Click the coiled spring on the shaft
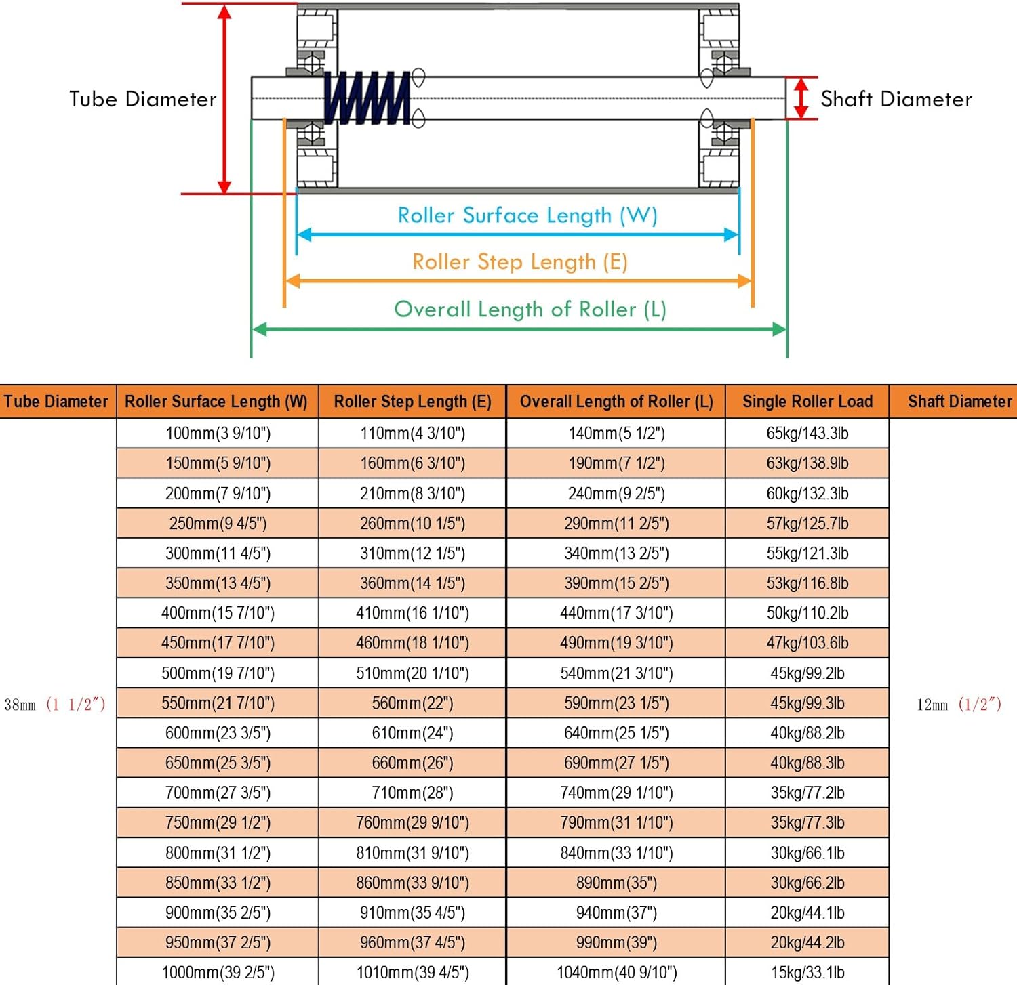point(367,99)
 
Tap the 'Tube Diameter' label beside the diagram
point(142,100)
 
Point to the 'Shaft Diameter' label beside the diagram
point(896,100)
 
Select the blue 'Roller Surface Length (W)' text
point(527,215)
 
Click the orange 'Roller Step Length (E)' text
point(520,262)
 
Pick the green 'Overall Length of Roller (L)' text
point(530,310)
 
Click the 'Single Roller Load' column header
point(807,402)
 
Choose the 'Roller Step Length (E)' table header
point(412,402)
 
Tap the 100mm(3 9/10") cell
point(218,434)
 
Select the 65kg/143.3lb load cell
point(807,434)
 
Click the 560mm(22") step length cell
point(412,703)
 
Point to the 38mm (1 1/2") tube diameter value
point(55,705)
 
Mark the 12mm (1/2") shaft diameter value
point(959,705)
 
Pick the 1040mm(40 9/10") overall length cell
point(616,973)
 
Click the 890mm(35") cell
point(616,883)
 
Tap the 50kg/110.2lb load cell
point(807,613)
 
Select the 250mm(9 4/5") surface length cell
point(218,524)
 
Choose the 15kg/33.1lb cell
point(807,973)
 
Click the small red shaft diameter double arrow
point(801,98)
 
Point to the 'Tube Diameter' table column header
point(56,402)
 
